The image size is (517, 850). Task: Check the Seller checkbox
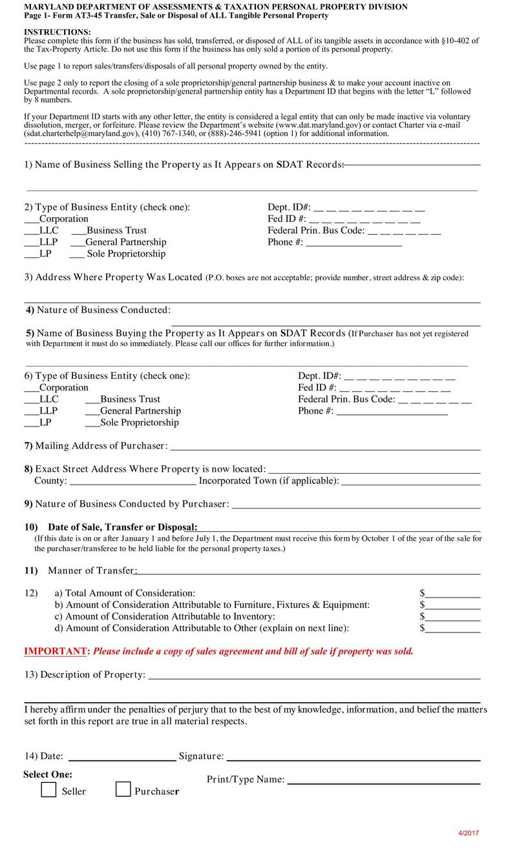click(x=48, y=789)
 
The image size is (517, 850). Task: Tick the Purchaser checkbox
click(x=123, y=789)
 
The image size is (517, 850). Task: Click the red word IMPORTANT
click(x=55, y=651)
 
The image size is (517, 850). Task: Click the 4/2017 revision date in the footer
click(x=469, y=833)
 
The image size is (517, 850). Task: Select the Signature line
click(x=353, y=757)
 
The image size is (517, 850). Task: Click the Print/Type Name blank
click(x=383, y=780)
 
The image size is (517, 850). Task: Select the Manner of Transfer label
click(x=91, y=571)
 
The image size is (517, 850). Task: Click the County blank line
click(x=132, y=481)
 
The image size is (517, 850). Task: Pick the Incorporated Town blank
click(x=410, y=481)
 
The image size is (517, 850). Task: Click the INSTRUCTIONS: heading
click(x=58, y=32)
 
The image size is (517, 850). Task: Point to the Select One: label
click(x=48, y=774)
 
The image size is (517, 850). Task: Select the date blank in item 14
click(x=122, y=757)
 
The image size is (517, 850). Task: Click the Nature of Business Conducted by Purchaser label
click(x=132, y=503)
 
